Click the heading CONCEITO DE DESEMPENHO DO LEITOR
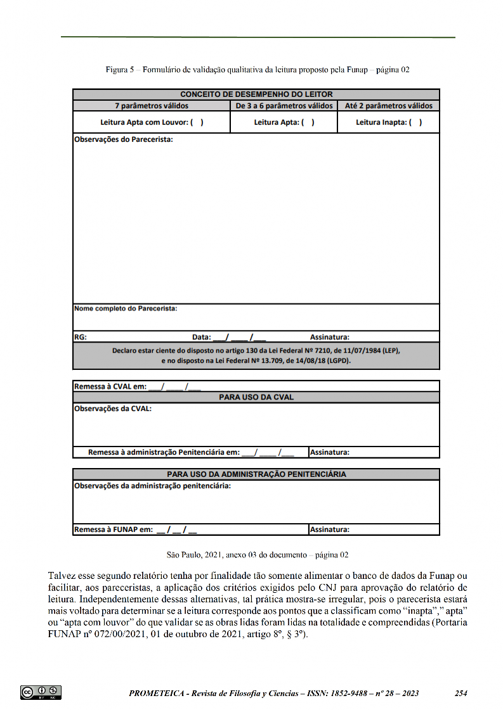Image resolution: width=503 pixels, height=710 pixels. click(x=256, y=94)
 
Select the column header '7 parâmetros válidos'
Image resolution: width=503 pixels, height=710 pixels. click(x=151, y=106)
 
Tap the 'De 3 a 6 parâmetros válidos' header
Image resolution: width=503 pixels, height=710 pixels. click(x=284, y=106)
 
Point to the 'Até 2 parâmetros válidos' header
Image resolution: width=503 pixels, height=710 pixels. click(x=388, y=106)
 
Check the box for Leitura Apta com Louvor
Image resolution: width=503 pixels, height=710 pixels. click(x=197, y=122)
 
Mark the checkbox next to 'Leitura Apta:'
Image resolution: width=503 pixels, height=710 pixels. click(x=308, y=122)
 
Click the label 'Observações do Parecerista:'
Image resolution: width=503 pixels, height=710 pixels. click(x=124, y=139)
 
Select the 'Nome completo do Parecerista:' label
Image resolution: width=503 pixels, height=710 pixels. click(x=126, y=309)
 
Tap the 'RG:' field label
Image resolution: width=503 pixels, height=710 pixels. click(x=81, y=338)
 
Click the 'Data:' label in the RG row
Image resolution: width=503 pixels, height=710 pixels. click(x=202, y=338)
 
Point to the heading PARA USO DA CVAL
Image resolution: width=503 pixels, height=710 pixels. click(x=256, y=398)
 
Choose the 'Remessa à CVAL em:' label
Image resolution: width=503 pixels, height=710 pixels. click(x=110, y=386)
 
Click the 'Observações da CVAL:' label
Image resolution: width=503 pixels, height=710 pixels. click(x=113, y=409)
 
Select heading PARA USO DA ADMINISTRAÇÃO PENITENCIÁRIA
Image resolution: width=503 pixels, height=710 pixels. click(x=256, y=474)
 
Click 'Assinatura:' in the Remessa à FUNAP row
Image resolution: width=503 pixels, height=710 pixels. click(x=329, y=530)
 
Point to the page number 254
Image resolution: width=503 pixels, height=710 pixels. click(x=461, y=694)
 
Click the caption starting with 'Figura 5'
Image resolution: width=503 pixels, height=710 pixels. click(x=257, y=70)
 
